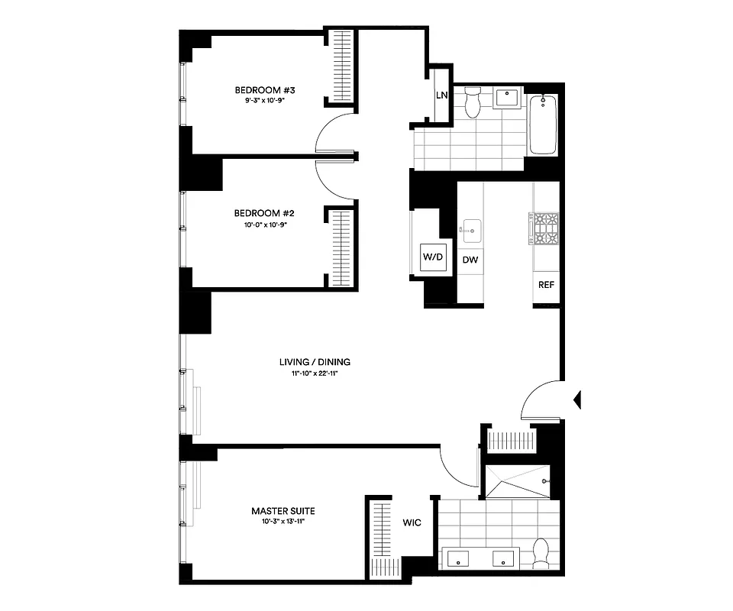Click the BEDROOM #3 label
pyautogui.click(x=264, y=91)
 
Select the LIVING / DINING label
pyautogui.click(x=315, y=362)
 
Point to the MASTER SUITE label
pyautogui.click(x=283, y=511)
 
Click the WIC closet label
pyautogui.click(x=412, y=523)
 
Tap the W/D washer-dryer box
pyautogui.click(x=433, y=257)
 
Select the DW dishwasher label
pyautogui.click(x=471, y=260)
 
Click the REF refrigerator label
pyautogui.click(x=546, y=285)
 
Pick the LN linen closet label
pyautogui.click(x=441, y=95)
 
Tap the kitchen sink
pyautogui.click(x=470, y=228)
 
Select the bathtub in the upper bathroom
pyautogui.click(x=543, y=123)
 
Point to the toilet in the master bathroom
pyautogui.click(x=542, y=552)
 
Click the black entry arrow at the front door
pyautogui.click(x=577, y=399)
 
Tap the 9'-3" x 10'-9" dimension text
pyautogui.click(x=264, y=101)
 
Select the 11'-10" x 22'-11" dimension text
pyautogui.click(x=315, y=373)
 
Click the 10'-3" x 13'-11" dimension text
pyautogui.click(x=283, y=522)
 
